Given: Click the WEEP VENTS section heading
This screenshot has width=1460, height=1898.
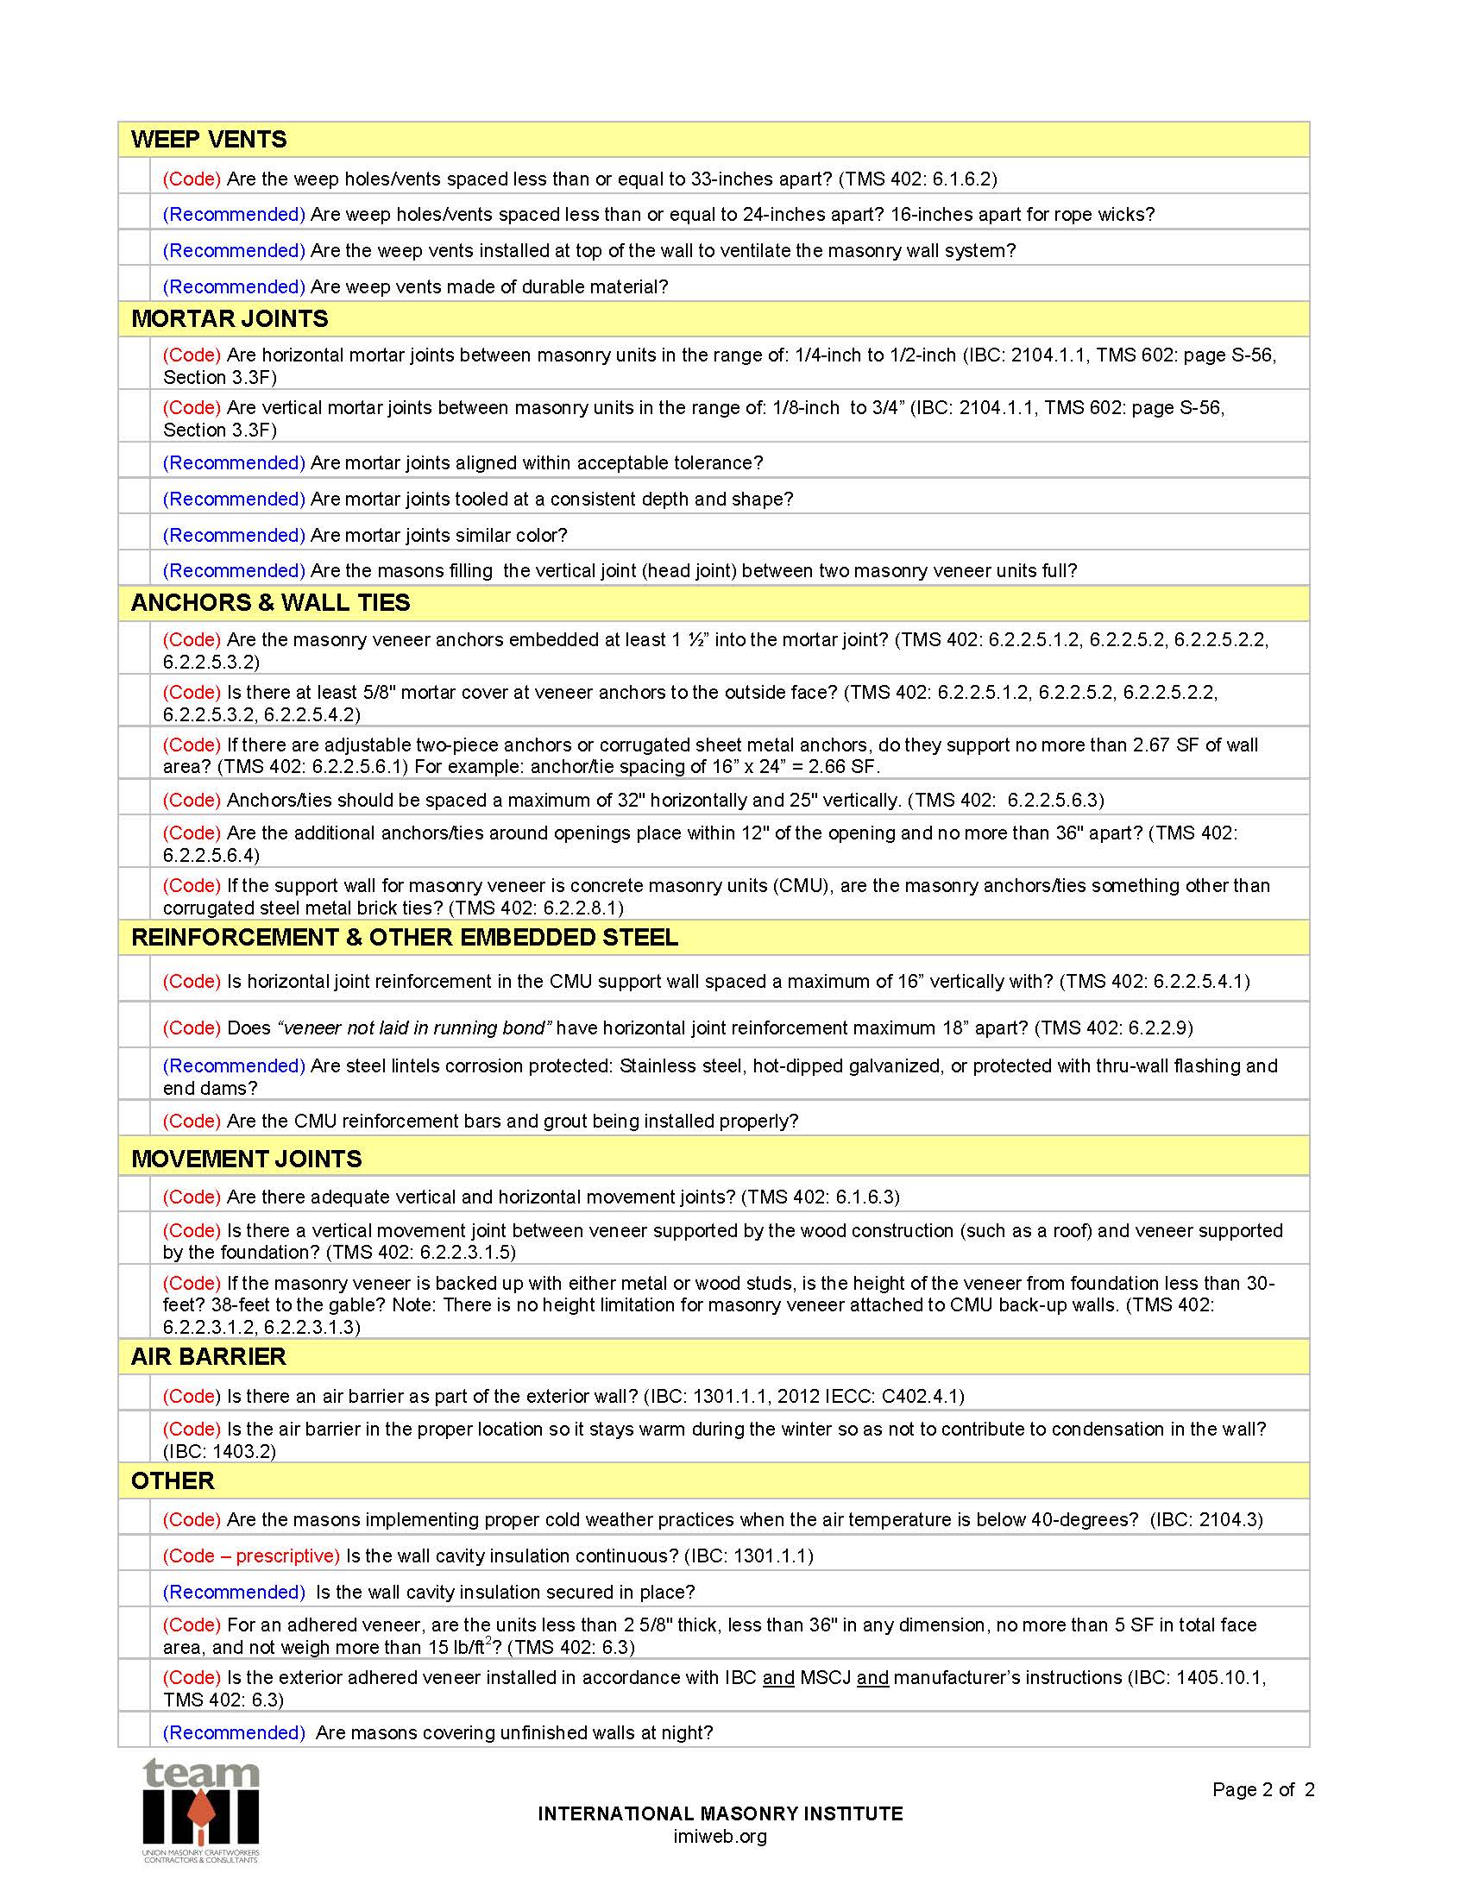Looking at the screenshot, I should coord(209,139).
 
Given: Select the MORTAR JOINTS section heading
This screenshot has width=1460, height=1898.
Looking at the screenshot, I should coord(230,319).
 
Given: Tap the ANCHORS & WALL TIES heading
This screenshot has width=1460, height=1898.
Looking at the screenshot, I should coord(270,603).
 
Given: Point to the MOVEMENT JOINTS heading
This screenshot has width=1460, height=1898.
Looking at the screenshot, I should coord(246,1159).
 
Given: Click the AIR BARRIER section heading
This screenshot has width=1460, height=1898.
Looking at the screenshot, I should coord(208,1357).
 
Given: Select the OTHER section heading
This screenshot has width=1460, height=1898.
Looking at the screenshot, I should coord(172,1481).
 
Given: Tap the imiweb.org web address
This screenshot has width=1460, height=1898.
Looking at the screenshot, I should coord(720,1837).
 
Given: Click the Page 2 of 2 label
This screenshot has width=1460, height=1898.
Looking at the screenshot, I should coord(1262,1789).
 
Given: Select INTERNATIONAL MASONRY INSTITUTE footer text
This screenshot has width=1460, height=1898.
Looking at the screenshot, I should coord(720,1813).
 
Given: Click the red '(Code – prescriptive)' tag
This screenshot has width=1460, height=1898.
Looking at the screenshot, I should coord(251,1555).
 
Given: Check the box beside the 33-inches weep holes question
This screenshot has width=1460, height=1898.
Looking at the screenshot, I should coord(135,178).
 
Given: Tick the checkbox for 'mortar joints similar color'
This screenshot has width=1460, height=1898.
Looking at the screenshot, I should coord(135,535).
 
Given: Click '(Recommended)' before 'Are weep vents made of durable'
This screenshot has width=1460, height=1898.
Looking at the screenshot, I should coord(234,286).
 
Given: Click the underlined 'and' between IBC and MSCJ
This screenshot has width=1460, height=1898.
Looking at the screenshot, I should coord(777,1678).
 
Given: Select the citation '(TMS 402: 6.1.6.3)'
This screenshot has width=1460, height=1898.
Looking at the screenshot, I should coord(821,1197).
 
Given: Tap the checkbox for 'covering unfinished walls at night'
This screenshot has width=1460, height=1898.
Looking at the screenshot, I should coord(135,1733).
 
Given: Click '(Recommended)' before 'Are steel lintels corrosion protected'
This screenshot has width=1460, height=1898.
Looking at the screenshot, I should coord(234,1065).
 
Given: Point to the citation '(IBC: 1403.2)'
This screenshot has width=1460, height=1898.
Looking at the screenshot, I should coord(219,1451).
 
